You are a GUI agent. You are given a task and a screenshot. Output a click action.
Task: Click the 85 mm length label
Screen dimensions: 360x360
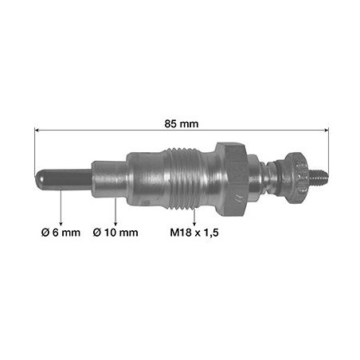182,123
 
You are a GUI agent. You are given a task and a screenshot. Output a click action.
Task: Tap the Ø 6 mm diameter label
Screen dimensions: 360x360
61,233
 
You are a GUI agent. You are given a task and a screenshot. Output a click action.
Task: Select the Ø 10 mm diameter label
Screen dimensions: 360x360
115,233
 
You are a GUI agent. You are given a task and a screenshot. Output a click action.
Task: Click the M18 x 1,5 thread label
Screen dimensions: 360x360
194,233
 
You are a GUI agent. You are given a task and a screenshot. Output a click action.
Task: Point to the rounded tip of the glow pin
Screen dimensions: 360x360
38,179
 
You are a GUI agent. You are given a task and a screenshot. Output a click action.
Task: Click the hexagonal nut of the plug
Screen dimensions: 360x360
231,179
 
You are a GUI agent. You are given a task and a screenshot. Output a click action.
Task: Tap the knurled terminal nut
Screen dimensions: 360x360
296,178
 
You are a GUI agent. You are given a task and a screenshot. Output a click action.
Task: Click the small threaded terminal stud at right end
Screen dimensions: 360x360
319,177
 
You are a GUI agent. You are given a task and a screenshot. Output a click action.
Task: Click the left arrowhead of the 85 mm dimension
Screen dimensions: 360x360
37,130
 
